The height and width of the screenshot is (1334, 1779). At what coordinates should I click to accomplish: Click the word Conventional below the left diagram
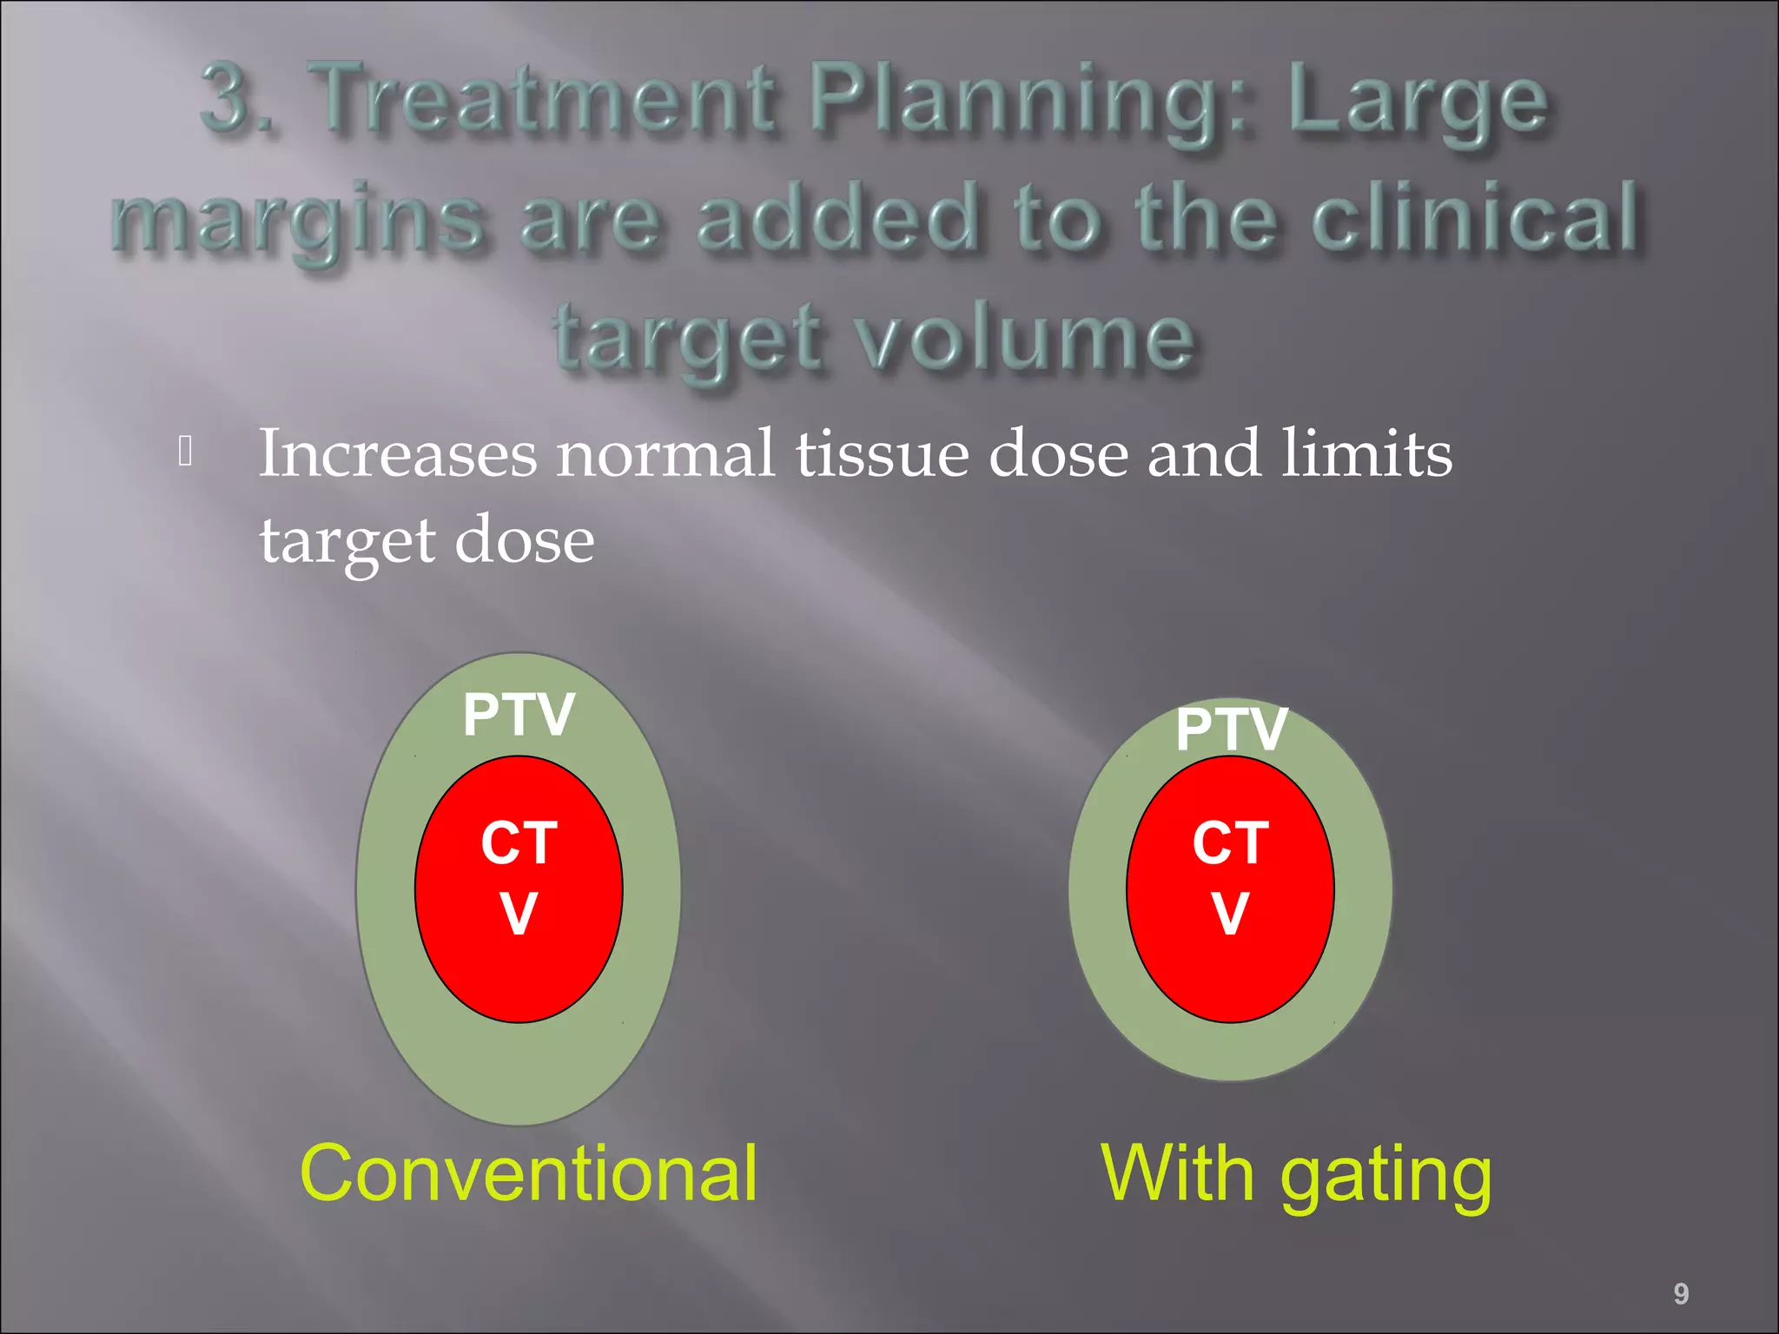[x=528, y=1173]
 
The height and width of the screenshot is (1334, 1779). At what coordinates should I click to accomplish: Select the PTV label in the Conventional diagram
[x=519, y=715]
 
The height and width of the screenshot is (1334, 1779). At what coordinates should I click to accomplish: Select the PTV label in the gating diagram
[x=1231, y=729]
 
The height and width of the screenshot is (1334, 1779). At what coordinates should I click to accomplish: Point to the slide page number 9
[x=1681, y=1294]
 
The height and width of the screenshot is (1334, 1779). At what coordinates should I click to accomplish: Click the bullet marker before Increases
[x=185, y=451]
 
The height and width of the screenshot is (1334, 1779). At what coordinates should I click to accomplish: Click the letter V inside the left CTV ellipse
[x=519, y=914]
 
